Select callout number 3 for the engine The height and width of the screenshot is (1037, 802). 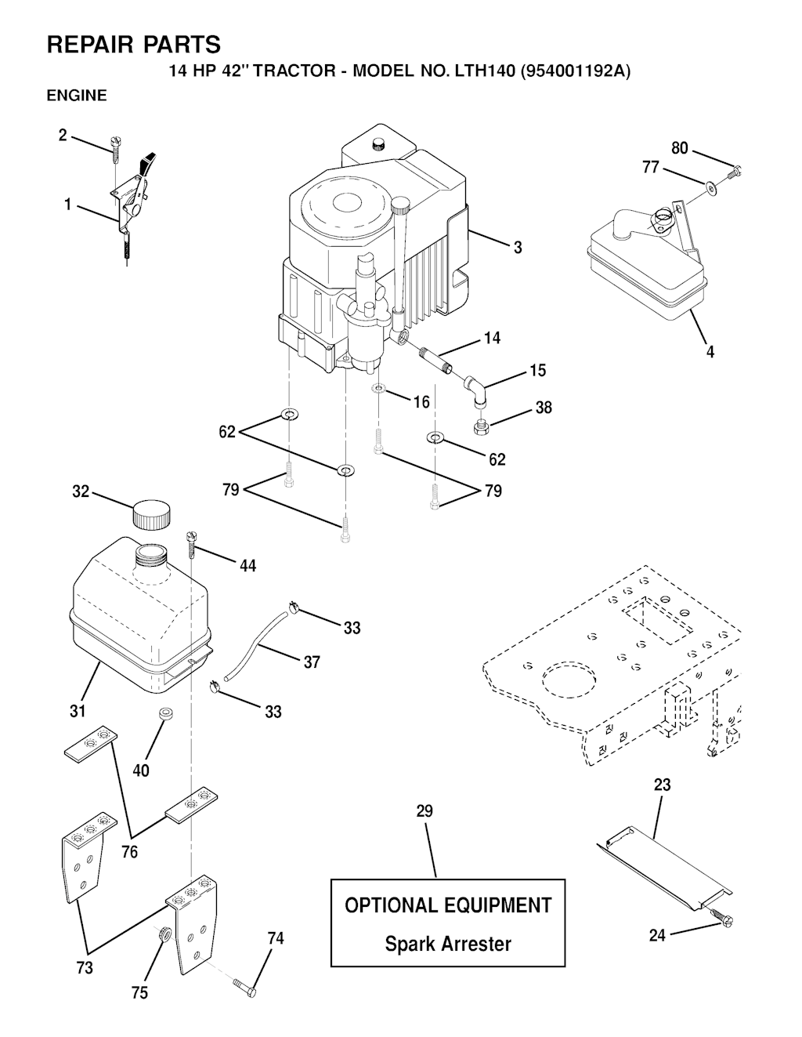518,248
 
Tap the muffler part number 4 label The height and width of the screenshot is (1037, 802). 710,352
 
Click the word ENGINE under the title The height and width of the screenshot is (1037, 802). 77,96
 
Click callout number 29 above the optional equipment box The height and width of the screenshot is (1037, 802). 424,811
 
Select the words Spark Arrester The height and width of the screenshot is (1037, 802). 447,944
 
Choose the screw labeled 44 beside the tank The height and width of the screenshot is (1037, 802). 190,540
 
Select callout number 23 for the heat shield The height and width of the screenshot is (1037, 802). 662,785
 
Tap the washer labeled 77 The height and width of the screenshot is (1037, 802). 710,187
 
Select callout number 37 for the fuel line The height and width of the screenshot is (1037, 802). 312,662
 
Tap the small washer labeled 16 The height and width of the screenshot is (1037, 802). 378,389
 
